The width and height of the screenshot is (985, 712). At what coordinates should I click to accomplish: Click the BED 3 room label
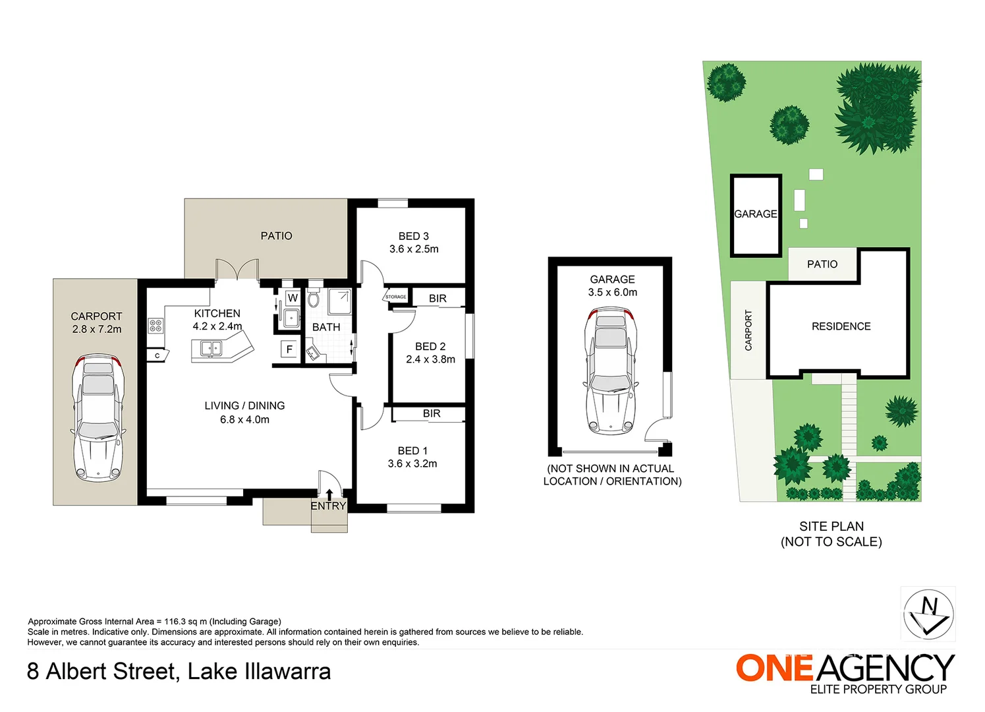point(414,236)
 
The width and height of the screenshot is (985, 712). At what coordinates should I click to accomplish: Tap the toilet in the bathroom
point(313,299)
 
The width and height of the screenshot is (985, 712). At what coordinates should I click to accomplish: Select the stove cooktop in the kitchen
point(155,326)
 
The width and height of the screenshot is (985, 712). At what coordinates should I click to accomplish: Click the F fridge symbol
point(289,349)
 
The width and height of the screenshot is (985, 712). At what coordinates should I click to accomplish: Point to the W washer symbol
point(293,298)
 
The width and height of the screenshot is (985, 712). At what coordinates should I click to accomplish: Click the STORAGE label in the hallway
point(396,297)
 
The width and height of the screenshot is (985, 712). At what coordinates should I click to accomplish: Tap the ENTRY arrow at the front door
point(329,494)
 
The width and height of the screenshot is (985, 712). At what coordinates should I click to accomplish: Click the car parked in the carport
point(98,417)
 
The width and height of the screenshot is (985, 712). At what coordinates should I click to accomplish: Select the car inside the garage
point(611,371)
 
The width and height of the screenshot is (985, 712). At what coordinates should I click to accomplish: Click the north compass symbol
point(928,614)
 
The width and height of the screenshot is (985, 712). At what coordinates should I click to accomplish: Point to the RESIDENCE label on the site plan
point(841,326)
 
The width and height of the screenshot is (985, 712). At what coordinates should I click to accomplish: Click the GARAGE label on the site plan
point(756,214)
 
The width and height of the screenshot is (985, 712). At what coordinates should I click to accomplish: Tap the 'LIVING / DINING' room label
point(244,405)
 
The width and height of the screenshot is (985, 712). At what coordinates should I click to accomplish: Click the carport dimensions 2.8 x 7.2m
point(97,329)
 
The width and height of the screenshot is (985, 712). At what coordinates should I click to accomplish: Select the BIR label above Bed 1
point(432,413)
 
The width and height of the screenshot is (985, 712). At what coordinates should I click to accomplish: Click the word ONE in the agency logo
point(774,668)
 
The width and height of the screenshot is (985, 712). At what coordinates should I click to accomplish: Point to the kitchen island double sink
point(211,349)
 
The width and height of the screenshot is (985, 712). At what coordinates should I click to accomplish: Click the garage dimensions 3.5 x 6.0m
point(613,292)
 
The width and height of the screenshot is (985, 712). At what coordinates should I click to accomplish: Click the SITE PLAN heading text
point(831,526)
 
